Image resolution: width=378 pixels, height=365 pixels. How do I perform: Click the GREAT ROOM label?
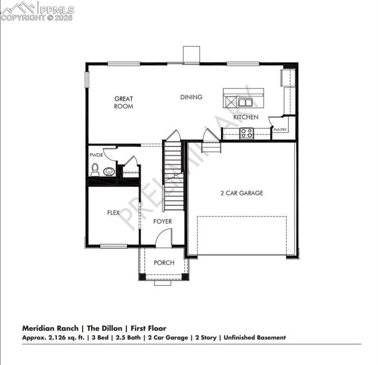[x=123, y=103]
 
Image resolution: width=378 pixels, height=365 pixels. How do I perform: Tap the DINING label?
[x=191, y=97]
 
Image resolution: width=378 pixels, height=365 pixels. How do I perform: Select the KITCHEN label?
[x=246, y=117]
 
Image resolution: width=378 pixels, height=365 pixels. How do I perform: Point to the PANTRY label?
[x=280, y=129]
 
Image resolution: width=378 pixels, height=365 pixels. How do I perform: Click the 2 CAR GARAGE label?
[x=241, y=193]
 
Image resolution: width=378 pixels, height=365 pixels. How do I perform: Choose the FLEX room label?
[x=113, y=213]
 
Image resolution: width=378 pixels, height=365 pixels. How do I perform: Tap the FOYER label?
[x=162, y=221]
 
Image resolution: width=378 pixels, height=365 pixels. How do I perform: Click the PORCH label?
[x=164, y=263]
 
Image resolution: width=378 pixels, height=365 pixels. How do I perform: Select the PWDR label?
[x=96, y=155]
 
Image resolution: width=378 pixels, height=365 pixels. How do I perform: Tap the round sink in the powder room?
[x=109, y=172]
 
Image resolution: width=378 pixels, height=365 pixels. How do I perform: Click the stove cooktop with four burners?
[x=247, y=133]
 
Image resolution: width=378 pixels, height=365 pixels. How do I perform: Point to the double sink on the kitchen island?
[x=246, y=102]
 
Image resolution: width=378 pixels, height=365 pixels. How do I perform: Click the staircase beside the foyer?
[x=172, y=176]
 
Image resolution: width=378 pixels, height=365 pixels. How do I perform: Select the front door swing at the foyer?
[x=164, y=238]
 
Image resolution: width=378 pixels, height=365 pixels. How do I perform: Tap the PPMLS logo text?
[x=56, y=10]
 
